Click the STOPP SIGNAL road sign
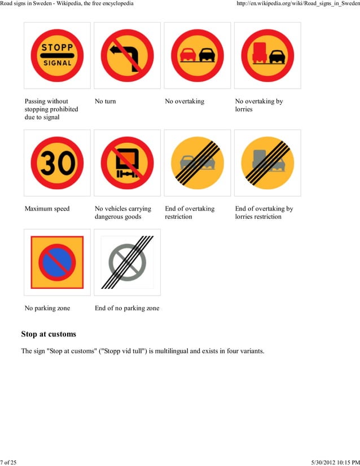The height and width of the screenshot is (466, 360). (57, 55)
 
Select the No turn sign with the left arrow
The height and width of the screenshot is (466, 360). (127, 55)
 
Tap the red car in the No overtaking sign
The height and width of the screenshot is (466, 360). (187, 55)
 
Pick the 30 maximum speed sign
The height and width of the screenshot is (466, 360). (57, 163)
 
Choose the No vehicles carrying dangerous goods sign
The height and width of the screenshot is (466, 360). (127, 163)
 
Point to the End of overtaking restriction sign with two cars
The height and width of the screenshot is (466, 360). (197, 163)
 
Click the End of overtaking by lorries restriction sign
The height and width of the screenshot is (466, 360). (267, 163)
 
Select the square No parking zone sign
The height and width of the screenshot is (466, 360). (57, 262)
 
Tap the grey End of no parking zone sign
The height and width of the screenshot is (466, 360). (127, 262)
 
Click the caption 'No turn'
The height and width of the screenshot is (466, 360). (105, 102)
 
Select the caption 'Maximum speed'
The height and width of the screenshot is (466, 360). (47, 209)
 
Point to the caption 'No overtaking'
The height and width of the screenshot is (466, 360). (185, 102)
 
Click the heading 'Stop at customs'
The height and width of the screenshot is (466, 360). (49, 334)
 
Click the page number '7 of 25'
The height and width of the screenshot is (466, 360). (8, 463)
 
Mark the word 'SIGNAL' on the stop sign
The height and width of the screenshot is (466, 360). (57, 63)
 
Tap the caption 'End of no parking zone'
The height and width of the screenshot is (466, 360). (127, 308)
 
